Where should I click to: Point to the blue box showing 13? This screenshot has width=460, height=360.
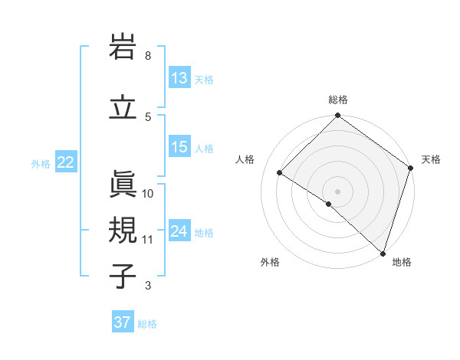coord(179,78)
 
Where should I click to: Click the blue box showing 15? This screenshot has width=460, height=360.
coord(179,147)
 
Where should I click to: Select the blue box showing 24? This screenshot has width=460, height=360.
coord(179,231)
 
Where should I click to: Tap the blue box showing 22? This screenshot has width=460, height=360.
coord(66,162)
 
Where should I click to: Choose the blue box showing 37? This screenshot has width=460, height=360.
coord(122,322)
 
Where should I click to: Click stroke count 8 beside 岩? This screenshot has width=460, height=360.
coord(148,56)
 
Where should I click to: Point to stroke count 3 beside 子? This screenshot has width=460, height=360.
coord(148,286)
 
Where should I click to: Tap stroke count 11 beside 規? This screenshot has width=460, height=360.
coord(148,240)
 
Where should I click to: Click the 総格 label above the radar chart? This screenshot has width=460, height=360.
coord(338,100)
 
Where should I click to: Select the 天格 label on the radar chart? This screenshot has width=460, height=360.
coord(431,159)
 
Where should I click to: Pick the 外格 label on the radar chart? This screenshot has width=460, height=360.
coord(270,262)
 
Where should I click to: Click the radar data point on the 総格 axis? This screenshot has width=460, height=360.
coord(338,116)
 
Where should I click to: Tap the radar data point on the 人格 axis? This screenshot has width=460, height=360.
coord(280,173)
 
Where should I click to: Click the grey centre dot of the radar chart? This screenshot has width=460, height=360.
coord(338,191)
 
